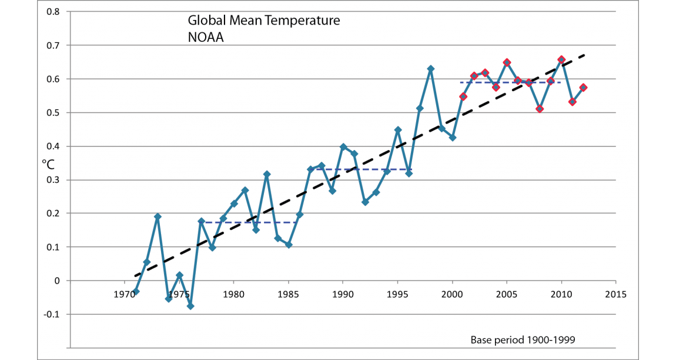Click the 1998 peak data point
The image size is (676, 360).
(x=431, y=69)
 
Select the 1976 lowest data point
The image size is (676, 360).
(x=190, y=306)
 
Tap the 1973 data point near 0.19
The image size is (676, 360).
(x=158, y=216)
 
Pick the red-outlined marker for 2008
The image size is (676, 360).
(x=540, y=109)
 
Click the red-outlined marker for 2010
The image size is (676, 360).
(x=561, y=59)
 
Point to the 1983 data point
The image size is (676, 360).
(x=267, y=174)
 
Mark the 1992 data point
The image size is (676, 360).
(x=365, y=202)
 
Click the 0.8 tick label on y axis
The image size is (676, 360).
(x=53, y=11)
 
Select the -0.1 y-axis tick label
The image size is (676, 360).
(x=52, y=314)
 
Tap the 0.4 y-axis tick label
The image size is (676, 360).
(x=53, y=146)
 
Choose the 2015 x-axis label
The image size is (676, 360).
(x=616, y=293)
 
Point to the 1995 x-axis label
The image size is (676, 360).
(x=397, y=293)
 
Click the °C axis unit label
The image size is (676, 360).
(x=48, y=165)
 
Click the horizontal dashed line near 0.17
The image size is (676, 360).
(x=250, y=222)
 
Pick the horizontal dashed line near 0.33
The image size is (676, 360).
(x=364, y=169)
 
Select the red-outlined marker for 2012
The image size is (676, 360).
(x=583, y=88)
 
